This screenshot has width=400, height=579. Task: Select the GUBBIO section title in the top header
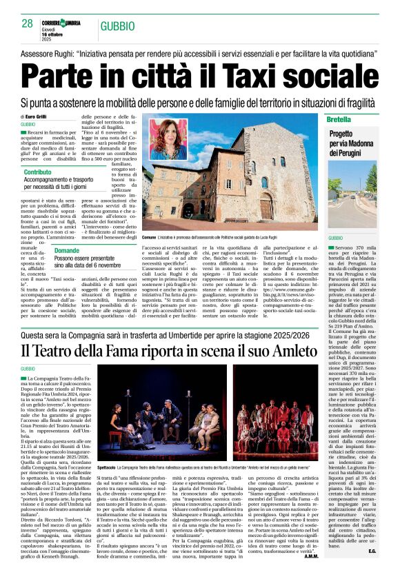pyautogui.click(x=117, y=25)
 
